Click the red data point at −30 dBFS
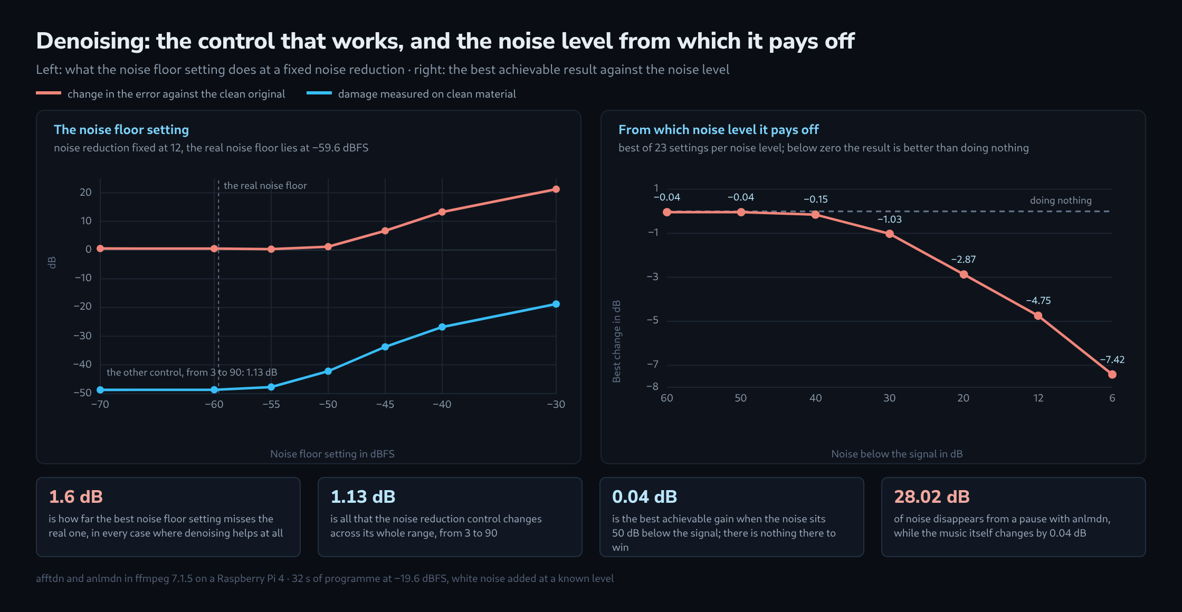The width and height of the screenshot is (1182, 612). click(x=556, y=189)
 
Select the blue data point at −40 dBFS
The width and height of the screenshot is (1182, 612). click(x=442, y=327)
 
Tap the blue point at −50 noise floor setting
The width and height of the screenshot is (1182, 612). click(x=328, y=371)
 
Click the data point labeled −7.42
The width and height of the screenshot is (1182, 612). click(x=1112, y=375)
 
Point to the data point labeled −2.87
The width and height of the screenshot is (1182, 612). click(x=964, y=274)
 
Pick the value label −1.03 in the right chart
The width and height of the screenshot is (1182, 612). click(x=889, y=219)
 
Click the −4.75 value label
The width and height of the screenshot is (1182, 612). click(x=1038, y=301)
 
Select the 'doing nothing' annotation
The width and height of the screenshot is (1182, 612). click(x=1061, y=200)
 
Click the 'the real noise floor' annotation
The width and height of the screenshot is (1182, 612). click(x=265, y=186)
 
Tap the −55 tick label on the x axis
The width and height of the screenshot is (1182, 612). click(x=271, y=405)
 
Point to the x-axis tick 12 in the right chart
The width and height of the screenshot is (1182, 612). click(x=1038, y=398)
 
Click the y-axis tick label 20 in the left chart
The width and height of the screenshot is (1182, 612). click(x=85, y=193)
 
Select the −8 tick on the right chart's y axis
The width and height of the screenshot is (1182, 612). click(x=653, y=387)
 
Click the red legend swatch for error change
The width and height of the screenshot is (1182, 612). click(x=49, y=93)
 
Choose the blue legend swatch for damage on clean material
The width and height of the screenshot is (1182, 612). click(x=319, y=93)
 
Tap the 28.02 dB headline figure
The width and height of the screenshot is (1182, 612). click(x=931, y=497)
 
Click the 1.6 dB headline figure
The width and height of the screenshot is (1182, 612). click(x=75, y=497)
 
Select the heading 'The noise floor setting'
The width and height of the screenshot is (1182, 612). click(x=121, y=130)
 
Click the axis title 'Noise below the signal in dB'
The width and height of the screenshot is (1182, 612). click(x=897, y=454)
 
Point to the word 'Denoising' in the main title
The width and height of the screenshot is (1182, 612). click(x=92, y=42)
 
